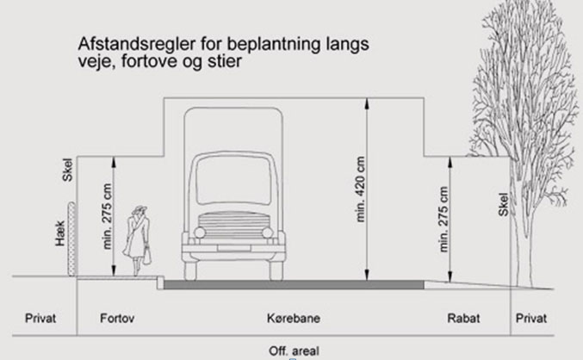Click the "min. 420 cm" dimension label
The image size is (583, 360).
pos(360,189)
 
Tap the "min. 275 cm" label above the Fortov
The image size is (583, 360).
pos(107,216)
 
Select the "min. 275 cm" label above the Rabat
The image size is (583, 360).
pos(443,219)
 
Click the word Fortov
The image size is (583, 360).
pos(117,319)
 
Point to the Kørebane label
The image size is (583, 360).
pos(294,319)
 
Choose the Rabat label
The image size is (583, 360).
pos(463,319)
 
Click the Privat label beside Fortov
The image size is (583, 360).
pos(40,319)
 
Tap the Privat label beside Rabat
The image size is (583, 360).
pos(531,319)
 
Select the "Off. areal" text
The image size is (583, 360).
pos(294,351)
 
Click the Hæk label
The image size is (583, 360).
pos(60,233)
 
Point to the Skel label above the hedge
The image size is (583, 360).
pos(67,170)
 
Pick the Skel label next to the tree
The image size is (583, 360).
pos(503,204)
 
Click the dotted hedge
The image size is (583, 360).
pos(71,239)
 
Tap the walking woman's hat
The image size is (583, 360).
pos(139,209)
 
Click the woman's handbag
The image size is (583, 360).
pos(147,255)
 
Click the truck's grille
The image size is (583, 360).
pos(233,226)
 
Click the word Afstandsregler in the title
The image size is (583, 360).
pos(136,45)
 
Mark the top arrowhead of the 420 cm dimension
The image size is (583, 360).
pos(367,103)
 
